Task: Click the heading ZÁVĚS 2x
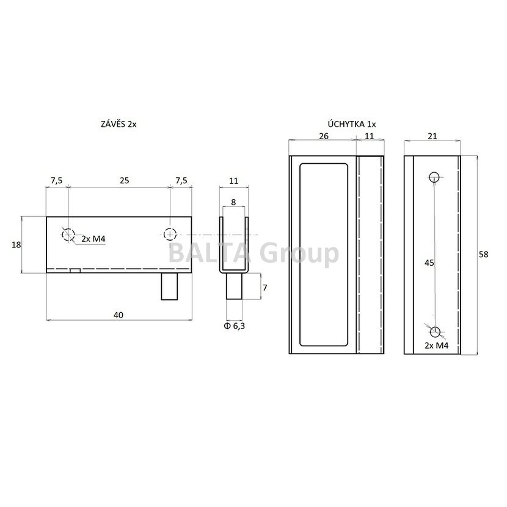coord(119,124)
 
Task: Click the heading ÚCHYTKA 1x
coord(352,124)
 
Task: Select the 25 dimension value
coord(125,180)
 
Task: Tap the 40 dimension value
coord(119,315)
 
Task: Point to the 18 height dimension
coord(16,245)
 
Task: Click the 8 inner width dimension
coord(233,202)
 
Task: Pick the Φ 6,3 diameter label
coord(234,326)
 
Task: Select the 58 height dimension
coord(483,255)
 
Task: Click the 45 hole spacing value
coord(429,263)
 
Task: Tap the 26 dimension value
coord(324,136)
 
